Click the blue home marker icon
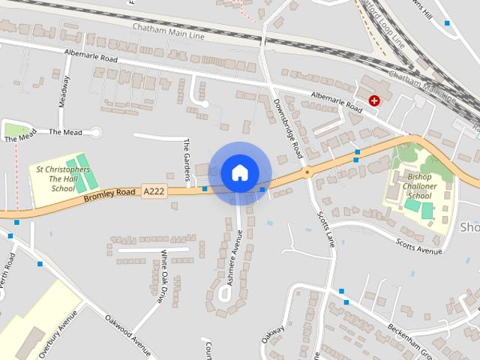pyautogui.click(x=239, y=172)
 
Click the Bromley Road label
pyautogui.click(x=109, y=193)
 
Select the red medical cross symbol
pyautogui.click(x=373, y=100)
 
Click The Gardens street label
pyautogui.click(x=187, y=159)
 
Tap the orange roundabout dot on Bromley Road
pyautogui.click(x=306, y=172)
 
